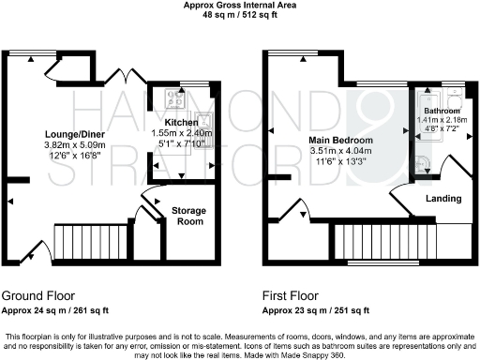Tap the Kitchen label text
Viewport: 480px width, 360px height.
pos(181,123)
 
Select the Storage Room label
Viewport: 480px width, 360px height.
pos(187,217)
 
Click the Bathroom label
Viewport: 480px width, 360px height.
pos(442,111)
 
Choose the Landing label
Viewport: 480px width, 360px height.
pos(442,200)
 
